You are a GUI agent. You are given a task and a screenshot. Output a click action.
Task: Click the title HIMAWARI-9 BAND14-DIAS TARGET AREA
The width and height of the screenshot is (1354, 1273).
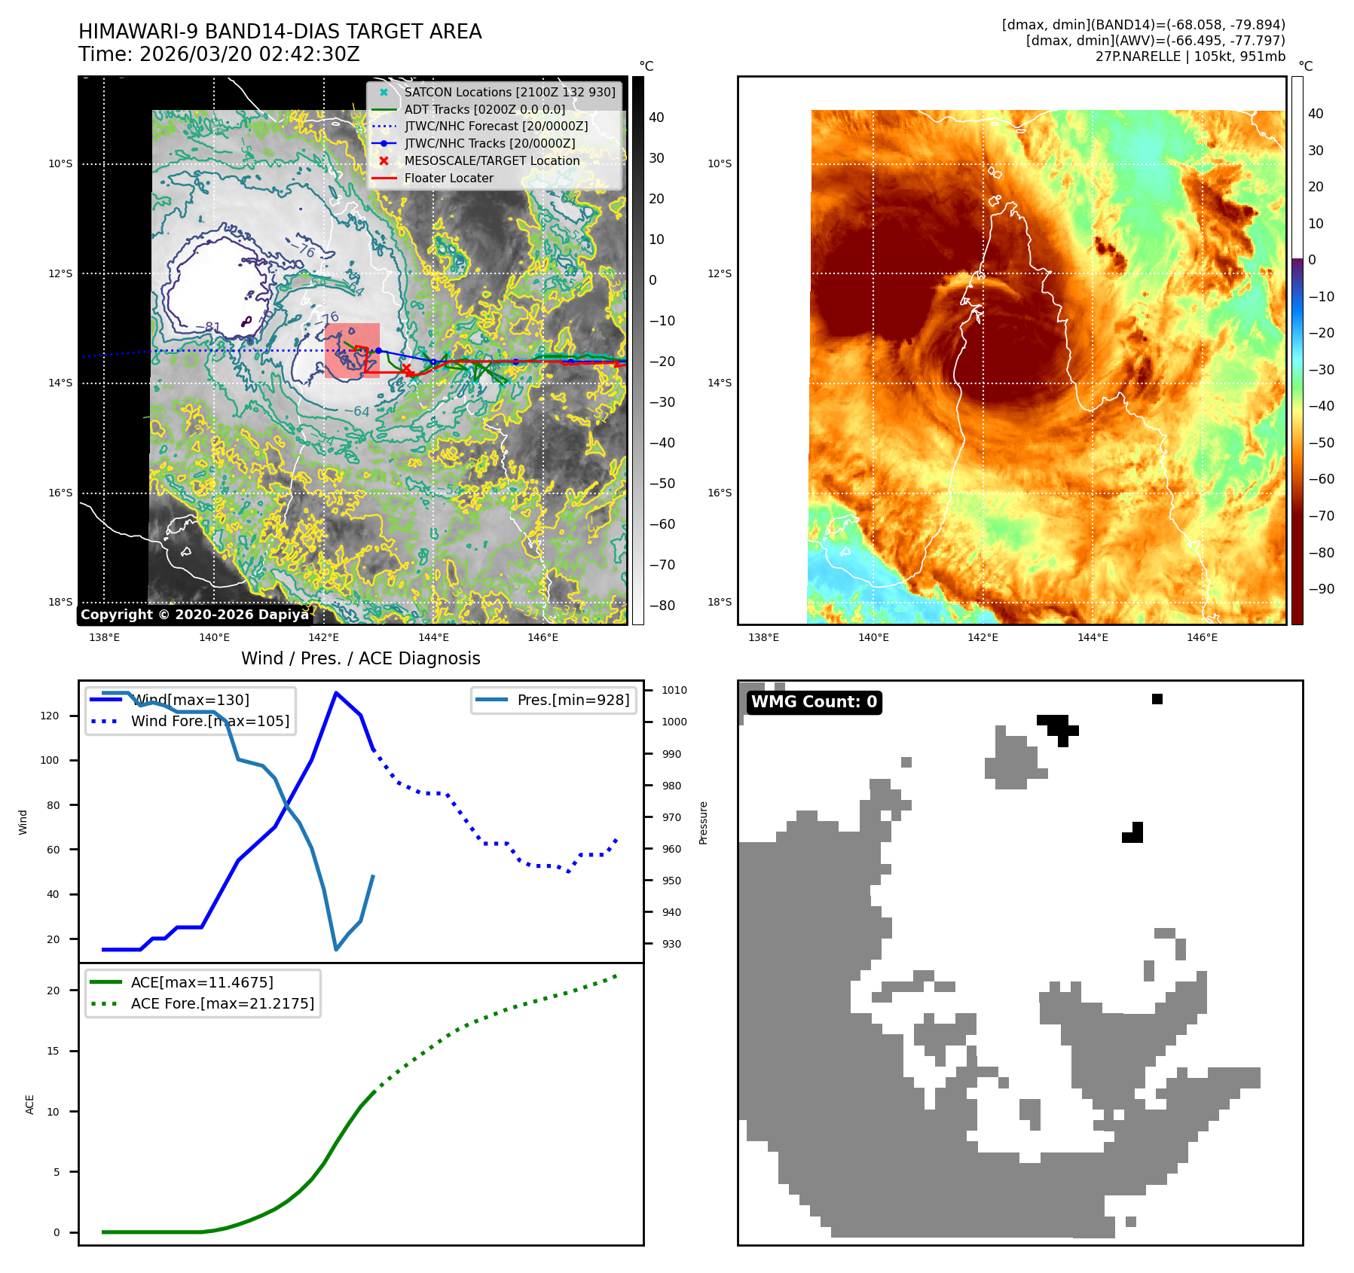tap(280, 32)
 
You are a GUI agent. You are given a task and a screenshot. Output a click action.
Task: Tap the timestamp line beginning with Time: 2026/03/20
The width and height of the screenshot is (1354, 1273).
tap(219, 55)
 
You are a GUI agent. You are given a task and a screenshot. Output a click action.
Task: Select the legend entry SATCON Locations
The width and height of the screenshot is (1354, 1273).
tap(509, 92)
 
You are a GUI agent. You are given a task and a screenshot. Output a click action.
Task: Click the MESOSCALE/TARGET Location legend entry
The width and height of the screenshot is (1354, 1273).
tap(491, 160)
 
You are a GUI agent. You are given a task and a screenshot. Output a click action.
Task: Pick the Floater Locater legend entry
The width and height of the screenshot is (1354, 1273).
tap(448, 178)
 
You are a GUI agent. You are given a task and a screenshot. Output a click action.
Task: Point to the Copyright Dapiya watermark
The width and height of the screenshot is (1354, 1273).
tap(194, 615)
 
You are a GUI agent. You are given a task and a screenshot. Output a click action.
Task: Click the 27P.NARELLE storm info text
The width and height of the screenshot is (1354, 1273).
tap(1190, 56)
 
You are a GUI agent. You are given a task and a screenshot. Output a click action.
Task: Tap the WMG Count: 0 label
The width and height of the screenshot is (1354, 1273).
tap(814, 702)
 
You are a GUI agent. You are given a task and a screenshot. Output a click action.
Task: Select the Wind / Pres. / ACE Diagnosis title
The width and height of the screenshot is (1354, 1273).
tap(360, 658)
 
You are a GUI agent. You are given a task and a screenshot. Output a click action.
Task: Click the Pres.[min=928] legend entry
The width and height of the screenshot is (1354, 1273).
tap(573, 700)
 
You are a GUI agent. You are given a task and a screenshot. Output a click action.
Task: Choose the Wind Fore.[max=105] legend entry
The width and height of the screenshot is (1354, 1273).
tap(209, 721)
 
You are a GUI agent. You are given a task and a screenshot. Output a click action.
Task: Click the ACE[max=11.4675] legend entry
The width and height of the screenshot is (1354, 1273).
tap(202, 982)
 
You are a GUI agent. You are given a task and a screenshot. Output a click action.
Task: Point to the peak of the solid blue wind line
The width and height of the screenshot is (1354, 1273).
tap(335, 693)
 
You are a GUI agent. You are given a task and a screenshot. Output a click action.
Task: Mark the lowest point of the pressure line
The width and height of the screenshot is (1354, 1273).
tap(336, 949)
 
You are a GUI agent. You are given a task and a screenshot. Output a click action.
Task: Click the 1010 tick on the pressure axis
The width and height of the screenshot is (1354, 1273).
tap(674, 690)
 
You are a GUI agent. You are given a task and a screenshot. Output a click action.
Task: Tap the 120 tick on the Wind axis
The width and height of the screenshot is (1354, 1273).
tap(50, 716)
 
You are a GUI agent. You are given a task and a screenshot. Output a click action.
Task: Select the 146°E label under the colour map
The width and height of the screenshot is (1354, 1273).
tap(1202, 637)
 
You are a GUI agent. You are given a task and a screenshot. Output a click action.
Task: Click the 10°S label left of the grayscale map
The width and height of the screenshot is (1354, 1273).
tap(60, 163)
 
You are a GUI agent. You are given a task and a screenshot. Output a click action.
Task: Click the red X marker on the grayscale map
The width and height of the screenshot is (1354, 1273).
tap(406, 368)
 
